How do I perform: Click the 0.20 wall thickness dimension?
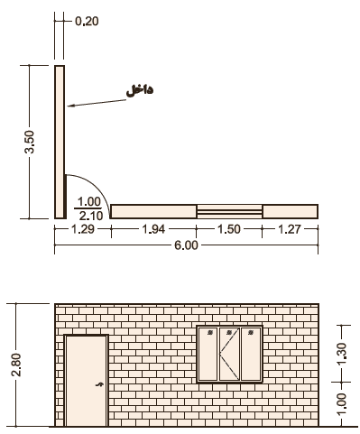(x=87, y=22)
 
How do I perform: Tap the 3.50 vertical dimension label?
(x=30, y=142)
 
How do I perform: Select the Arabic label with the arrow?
(x=140, y=90)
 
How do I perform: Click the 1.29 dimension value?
(x=83, y=229)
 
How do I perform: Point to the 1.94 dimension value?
(x=153, y=229)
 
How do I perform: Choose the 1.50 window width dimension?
(x=229, y=229)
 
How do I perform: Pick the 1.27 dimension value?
(x=289, y=229)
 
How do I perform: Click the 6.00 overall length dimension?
(x=187, y=245)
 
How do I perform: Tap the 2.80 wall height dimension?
(x=16, y=365)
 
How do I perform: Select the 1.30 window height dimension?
(x=342, y=354)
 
